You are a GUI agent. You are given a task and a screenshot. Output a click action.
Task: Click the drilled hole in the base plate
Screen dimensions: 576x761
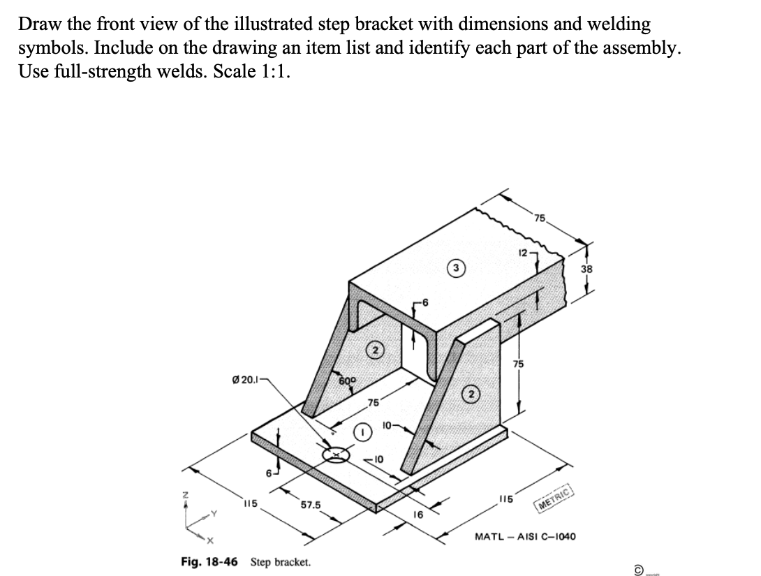pyautogui.click(x=337, y=455)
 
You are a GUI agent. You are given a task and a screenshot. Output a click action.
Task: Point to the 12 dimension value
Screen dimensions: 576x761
pyautogui.click(x=524, y=252)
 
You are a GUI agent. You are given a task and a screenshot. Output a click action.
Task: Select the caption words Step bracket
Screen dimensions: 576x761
pyautogui.click(x=281, y=562)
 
